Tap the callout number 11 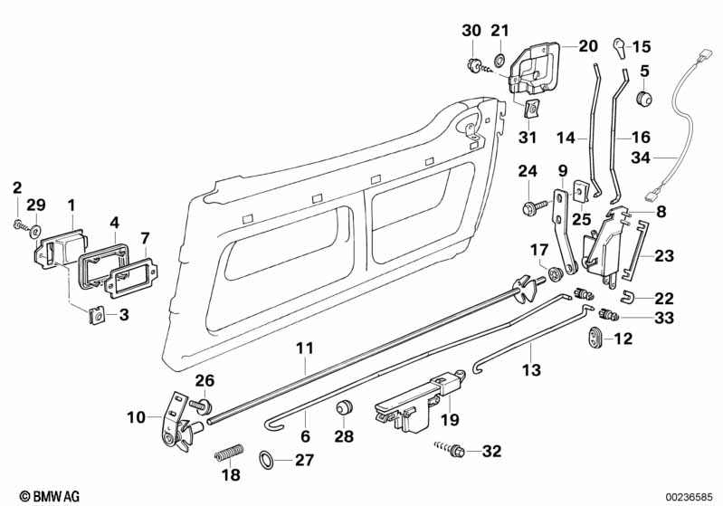[x=305, y=347]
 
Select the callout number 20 [x=588, y=45]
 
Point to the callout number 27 [x=304, y=459]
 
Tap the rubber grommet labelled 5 [x=645, y=95]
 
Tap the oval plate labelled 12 [x=595, y=338]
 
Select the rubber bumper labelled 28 [x=344, y=410]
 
